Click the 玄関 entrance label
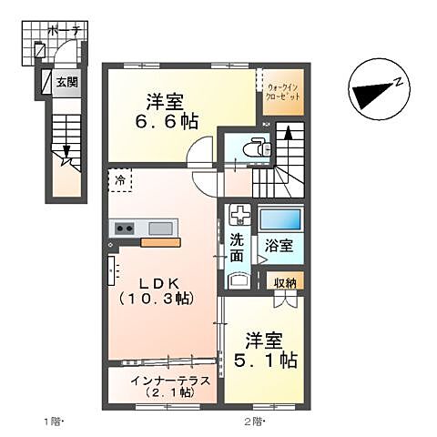click(x=66, y=82)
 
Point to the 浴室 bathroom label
click(x=279, y=246)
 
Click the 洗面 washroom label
click(x=238, y=249)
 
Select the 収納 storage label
click(x=287, y=283)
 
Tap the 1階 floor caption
click(x=51, y=422)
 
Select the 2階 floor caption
click(x=254, y=422)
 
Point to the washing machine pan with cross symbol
click(x=240, y=216)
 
